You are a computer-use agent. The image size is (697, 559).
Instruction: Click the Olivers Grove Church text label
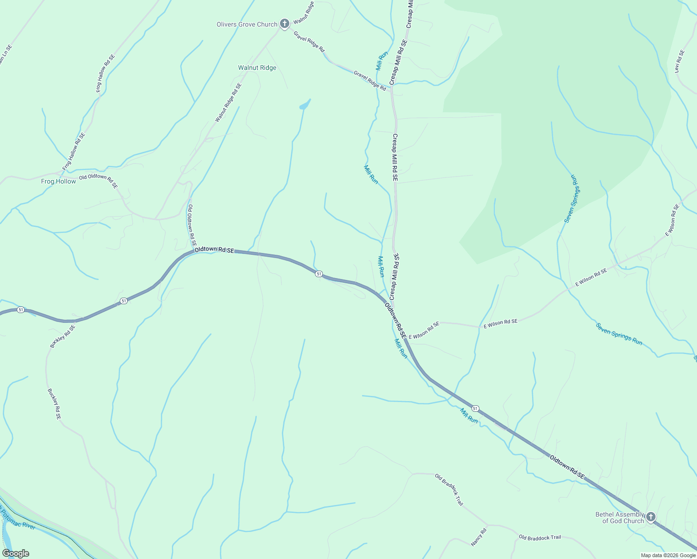pos(247,24)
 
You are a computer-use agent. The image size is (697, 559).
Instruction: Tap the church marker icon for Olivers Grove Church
pos(285,23)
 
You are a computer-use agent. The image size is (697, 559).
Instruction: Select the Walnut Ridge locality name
pos(257,68)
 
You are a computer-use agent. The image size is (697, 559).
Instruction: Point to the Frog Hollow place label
pos(58,181)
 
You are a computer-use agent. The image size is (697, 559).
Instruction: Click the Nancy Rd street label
pos(479,537)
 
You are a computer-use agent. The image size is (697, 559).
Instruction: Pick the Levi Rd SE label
pos(680,61)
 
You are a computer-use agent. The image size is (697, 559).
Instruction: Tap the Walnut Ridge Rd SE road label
pos(228,102)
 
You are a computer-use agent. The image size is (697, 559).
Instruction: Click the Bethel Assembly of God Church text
pos(619,518)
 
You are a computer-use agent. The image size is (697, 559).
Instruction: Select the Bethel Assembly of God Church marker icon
pos(651,517)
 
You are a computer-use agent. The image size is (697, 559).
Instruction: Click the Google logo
pos(15,553)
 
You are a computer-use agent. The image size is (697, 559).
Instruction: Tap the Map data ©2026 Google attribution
pos(668,555)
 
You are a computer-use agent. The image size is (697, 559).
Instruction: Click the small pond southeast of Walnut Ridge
pos(305,105)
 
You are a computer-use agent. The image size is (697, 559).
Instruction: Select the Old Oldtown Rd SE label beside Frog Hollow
pos(98,181)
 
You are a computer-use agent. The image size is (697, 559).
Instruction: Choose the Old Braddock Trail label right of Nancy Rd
pos(540,538)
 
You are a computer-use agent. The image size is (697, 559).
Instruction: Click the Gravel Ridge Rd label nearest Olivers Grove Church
pos(309,41)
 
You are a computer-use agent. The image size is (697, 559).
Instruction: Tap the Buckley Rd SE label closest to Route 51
pos(62,336)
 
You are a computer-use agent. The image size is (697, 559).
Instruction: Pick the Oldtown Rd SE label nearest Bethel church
pos(567,467)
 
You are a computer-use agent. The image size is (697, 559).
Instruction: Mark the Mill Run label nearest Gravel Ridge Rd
pos(382,61)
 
